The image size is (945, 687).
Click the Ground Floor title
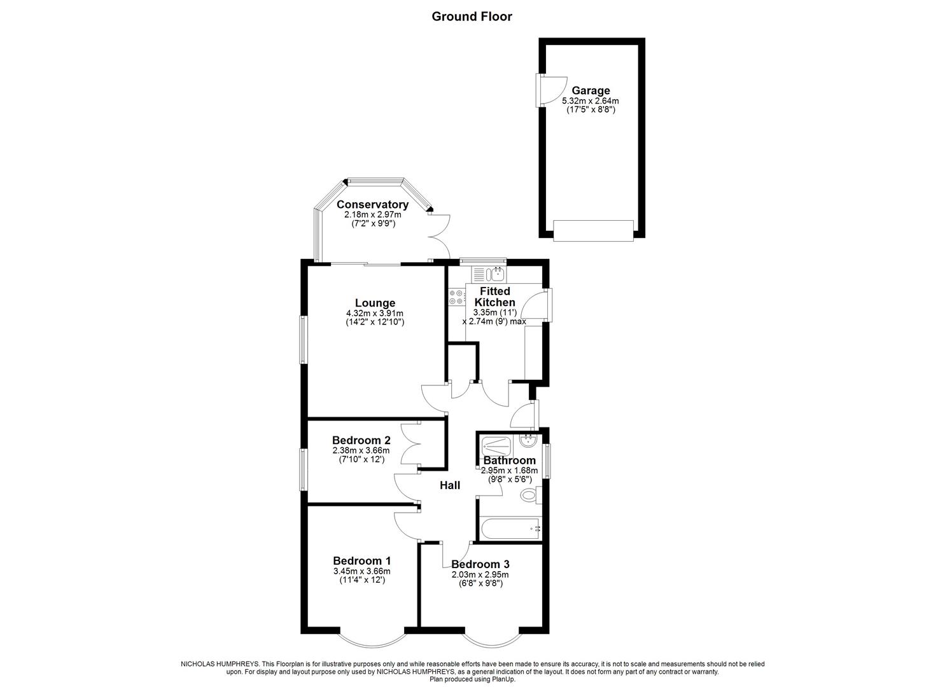[472, 17]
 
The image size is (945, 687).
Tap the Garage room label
[591, 90]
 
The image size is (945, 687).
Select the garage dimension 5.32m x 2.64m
[591, 101]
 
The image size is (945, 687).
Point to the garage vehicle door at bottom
[593, 230]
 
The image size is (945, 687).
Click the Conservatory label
[372, 204]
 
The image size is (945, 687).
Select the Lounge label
[375, 303]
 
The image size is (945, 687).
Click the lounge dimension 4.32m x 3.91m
[375, 313]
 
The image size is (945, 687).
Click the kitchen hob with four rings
[456, 297]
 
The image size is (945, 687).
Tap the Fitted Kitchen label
[495, 296]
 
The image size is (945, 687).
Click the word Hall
[450, 485]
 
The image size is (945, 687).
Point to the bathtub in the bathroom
[510, 529]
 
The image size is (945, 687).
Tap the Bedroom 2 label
[361, 440]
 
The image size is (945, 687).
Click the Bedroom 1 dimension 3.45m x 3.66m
[361, 571]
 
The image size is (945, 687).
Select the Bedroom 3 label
[480, 564]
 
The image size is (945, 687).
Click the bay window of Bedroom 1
[372, 637]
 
